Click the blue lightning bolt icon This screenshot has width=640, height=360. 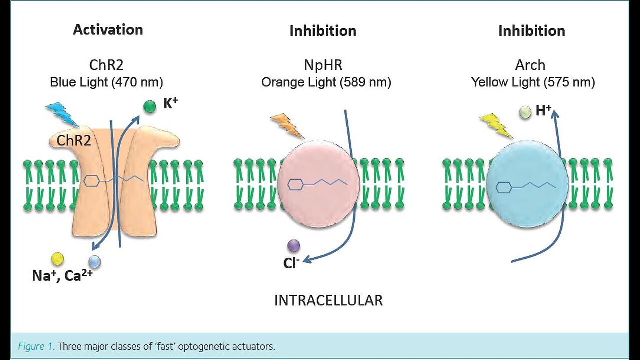pos(61,114)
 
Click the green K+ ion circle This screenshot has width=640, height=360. pos(150,106)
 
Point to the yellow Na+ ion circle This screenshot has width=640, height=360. pos(58,258)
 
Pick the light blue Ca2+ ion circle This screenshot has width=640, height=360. pos(94,261)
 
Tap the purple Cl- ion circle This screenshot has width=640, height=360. pos(293,245)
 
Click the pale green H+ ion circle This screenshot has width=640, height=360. pos(525,112)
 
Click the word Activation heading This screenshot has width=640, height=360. pos(108,30)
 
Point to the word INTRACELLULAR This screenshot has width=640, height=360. pos(328,300)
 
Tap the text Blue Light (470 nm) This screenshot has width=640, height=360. pos(106,82)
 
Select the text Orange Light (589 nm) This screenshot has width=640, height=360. pos(326,82)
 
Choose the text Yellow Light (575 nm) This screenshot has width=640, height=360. pos(533,82)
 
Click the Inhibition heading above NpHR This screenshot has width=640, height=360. pos(323,31)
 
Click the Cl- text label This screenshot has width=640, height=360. pos(291,263)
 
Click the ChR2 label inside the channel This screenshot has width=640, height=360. pos(73,140)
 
